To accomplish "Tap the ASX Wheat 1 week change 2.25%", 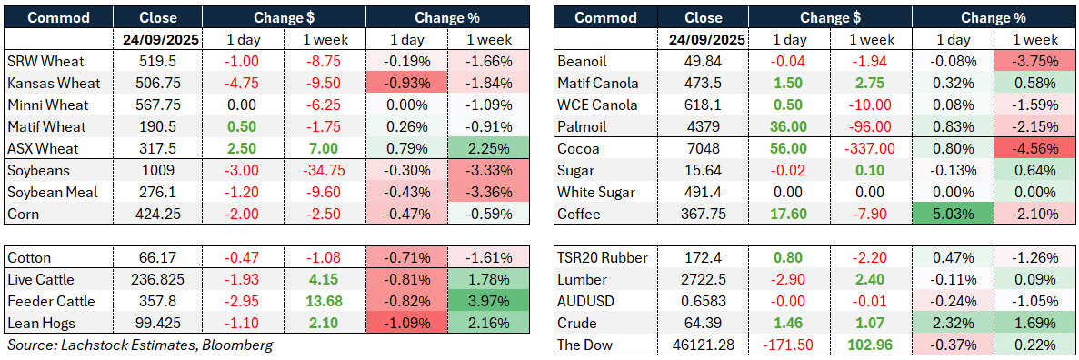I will pyautogui.click(x=487, y=148).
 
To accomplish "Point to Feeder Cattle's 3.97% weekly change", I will pyautogui.click(x=487, y=301).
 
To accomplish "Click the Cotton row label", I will pyautogui.click(x=30, y=257).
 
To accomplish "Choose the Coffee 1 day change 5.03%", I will pyautogui.click(x=954, y=214).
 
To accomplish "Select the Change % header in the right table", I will pyautogui.click(x=995, y=17).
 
